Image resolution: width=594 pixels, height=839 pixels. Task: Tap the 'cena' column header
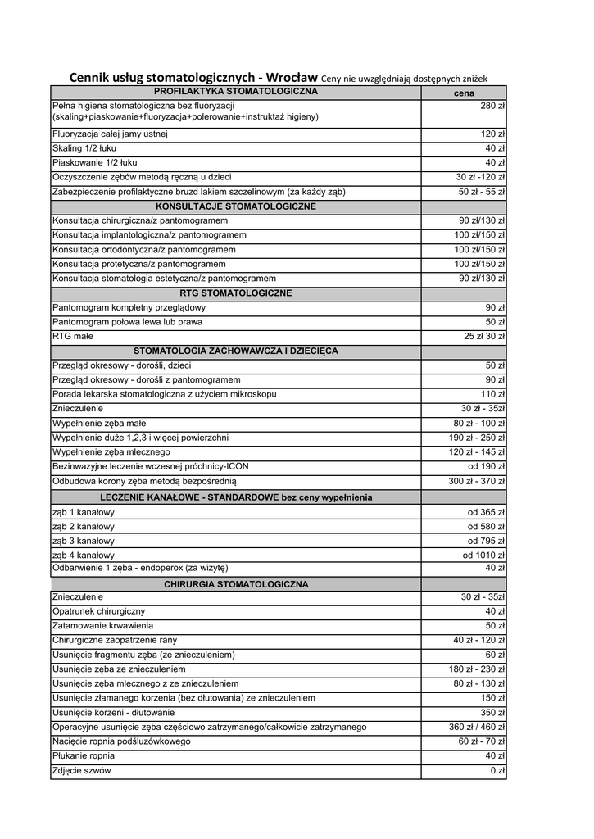463,93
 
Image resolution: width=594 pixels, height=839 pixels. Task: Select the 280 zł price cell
492,106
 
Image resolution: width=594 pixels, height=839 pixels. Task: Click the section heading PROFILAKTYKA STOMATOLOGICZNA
235,90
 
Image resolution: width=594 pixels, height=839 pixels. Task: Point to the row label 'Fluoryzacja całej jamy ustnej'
110,134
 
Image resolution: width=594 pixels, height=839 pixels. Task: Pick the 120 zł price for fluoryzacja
492,134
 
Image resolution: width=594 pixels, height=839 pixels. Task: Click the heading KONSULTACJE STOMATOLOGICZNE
235,206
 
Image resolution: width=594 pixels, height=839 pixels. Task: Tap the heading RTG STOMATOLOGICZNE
235,293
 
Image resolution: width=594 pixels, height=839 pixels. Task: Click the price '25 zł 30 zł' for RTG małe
484,336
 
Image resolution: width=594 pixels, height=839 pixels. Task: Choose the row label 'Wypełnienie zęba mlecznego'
111,451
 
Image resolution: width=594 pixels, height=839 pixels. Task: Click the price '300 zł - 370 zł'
477,481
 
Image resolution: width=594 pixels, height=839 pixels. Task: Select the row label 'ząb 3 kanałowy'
83,541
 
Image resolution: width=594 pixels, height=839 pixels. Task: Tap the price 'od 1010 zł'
484,556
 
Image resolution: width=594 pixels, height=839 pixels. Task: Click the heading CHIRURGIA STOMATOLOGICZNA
235,584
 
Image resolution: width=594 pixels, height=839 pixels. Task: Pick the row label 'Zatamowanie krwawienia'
102,625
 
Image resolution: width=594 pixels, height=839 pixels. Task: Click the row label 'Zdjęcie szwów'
81,770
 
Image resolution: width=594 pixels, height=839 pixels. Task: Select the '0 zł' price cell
497,770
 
